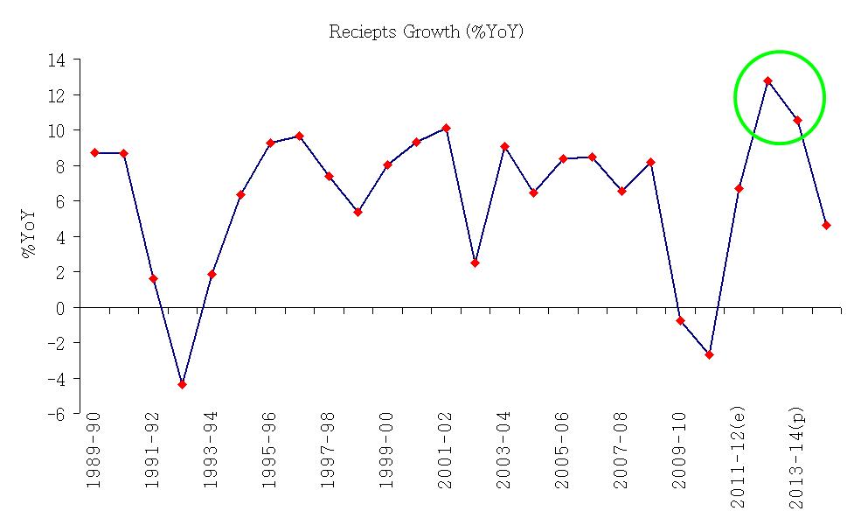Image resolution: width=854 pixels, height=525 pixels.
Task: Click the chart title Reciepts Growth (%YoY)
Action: tap(427, 32)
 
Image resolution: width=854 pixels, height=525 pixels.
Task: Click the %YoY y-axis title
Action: tap(29, 234)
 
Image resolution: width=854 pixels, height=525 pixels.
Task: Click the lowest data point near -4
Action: tap(182, 384)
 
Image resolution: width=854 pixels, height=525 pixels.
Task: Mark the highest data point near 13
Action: tap(767, 81)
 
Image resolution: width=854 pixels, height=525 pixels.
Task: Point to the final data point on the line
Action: tap(826, 226)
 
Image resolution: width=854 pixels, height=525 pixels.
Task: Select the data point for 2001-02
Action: tap(446, 128)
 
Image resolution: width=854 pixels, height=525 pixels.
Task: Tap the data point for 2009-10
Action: tap(680, 320)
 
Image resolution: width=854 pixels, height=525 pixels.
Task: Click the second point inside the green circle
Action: tap(797, 121)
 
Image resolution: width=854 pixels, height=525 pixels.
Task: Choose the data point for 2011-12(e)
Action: tap(739, 189)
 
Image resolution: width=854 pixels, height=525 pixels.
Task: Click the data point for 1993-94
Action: tap(212, 275)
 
